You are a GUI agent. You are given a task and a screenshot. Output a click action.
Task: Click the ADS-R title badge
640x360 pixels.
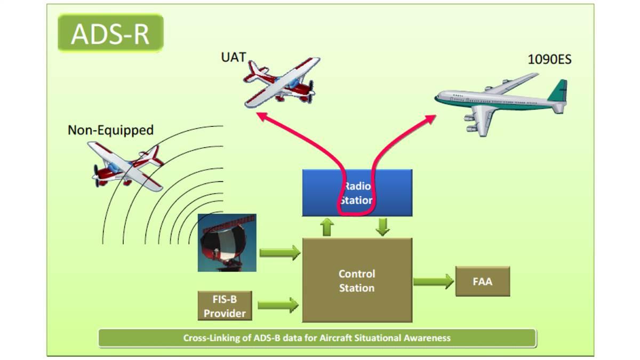tap(110, 33)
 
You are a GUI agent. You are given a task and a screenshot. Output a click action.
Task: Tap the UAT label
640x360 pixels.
tap(233, 57)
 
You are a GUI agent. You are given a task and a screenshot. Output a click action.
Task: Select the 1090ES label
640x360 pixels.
tap(549, 59)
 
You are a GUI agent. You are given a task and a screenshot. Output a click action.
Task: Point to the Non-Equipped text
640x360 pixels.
tap(110, 130)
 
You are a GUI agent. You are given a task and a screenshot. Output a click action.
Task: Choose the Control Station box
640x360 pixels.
tap(357, 281)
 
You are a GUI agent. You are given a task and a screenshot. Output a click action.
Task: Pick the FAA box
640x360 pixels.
tap(482, 281)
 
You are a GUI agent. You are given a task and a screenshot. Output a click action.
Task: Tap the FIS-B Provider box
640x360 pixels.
tap(225, 306)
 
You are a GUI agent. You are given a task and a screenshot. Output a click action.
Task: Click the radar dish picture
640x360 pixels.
tap(227, 243)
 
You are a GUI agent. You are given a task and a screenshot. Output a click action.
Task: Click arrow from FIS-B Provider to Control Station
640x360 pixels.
tap(278, 305)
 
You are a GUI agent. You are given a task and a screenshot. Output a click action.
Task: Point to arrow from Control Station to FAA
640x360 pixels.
tap(433, 281)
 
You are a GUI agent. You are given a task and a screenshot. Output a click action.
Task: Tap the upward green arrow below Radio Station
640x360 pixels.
tap(327, 227)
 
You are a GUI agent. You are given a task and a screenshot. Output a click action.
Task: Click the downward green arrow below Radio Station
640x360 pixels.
tap(382, 226)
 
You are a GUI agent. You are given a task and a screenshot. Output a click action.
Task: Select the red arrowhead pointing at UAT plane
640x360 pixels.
tap(261, 115)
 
